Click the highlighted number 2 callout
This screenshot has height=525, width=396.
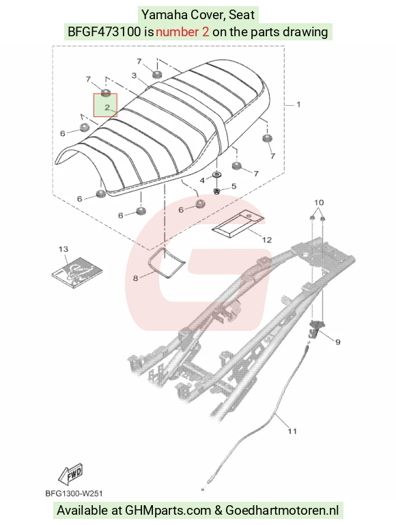[x=107, y=107]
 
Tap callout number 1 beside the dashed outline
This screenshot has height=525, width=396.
[x=298, y=105]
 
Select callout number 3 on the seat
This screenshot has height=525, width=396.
[x=134, y=76]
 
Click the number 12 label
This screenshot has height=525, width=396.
[x=267, y=240]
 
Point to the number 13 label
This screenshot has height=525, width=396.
[x=63, y=249]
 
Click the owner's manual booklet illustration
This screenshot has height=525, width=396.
[x=77, y=272]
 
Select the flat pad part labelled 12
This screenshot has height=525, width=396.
[x=238, y=224]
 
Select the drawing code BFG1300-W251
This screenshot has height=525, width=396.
[x=74, y=494]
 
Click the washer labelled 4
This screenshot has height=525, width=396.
[x=218, y=175]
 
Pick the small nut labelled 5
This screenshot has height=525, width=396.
[x=216, y=191]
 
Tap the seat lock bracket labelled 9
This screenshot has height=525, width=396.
[x=315, y=327]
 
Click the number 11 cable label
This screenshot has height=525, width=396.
[x=292, y=431]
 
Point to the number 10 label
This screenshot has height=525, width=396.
[x=319, y=202]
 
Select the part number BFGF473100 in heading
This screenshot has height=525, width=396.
[x=104, y=32]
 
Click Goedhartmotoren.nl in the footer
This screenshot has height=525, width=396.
[x=282, y=510]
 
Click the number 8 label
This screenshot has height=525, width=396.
[x=135, y=278]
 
